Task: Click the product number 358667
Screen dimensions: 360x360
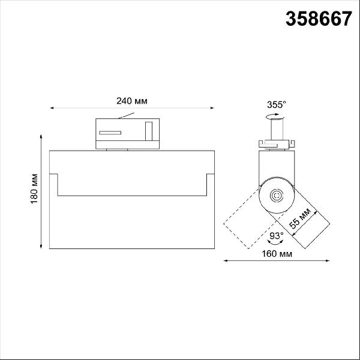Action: (319, 19)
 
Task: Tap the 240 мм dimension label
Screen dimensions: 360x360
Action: (132, 101)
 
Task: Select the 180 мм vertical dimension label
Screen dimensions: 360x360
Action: (34, 189)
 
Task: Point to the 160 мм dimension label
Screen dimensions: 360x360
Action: (277, 254)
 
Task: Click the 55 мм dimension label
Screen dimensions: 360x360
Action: (300, 218)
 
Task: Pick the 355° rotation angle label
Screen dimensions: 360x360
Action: (277, 104)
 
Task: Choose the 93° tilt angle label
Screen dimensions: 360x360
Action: (276, 235)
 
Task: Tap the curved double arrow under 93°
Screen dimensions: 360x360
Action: (275, 242)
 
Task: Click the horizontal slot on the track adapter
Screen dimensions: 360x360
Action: (110, 133)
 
